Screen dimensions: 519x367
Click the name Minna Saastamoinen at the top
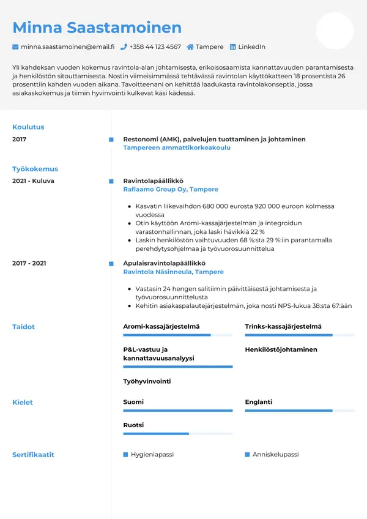pos(97,28)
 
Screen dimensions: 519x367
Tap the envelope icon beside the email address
pos(15,47)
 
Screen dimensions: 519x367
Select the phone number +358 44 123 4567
pos(155,47)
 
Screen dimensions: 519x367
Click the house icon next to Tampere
pos(190,47)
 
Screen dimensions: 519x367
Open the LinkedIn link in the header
pos(251,47)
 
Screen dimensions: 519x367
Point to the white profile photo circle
pos(335,31)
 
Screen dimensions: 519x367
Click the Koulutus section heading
pos(28,127)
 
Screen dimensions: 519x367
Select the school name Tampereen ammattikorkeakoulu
pos(177,148)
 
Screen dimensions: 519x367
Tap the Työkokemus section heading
pos(35,169)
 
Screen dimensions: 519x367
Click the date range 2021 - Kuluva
pos(33,181)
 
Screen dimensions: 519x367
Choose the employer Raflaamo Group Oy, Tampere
pos(171,190)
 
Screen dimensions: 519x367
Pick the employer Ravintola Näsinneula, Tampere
pos(173,272)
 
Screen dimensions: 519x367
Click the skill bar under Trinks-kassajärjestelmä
pos(300,335)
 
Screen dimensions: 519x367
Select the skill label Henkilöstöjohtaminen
pos(281,349)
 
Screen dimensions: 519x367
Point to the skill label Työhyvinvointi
pos(147,381)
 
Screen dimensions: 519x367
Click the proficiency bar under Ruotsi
pos(177,433)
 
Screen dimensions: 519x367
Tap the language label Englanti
pos(258,402)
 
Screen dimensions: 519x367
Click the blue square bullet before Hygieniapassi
pos(125,455)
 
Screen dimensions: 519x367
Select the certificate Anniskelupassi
pos(275,455)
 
